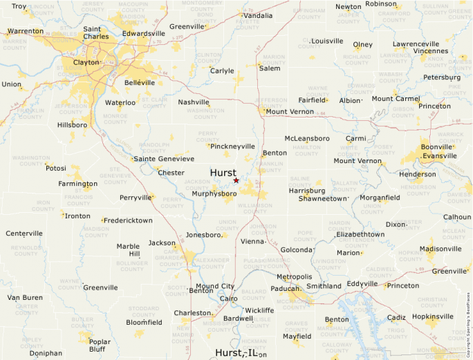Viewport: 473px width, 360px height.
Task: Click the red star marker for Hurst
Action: coord(236,180)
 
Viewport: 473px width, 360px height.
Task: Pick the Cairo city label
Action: coord(228,299)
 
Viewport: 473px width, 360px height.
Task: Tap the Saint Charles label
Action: coord(95,32)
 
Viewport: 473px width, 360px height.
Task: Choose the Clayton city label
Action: coord(86,62)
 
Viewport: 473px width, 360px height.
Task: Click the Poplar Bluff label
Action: coord(100,345)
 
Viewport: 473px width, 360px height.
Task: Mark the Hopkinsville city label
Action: coord(432,316)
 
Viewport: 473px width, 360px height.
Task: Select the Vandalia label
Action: coord(258,15)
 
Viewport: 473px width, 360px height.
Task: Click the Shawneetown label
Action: coord(322,198)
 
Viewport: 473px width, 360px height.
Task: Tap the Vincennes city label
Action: coord(431,51)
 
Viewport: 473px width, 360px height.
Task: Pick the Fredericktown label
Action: coord(129,220)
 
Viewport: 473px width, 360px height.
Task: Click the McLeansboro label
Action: coord(307,138)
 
